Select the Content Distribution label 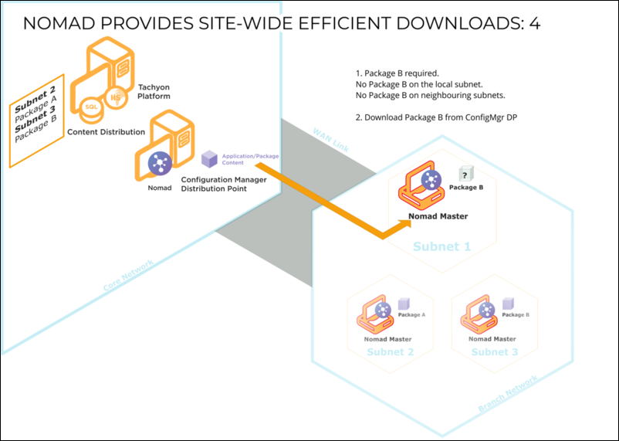[107, 132]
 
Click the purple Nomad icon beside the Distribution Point [159, 164]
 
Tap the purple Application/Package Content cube [209, 159]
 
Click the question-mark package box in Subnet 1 [465, 175]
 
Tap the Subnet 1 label [441, 247]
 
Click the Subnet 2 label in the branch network [390, 352]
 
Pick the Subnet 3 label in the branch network [495, 352]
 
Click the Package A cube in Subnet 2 [403, 305]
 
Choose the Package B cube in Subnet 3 [508, 304]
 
